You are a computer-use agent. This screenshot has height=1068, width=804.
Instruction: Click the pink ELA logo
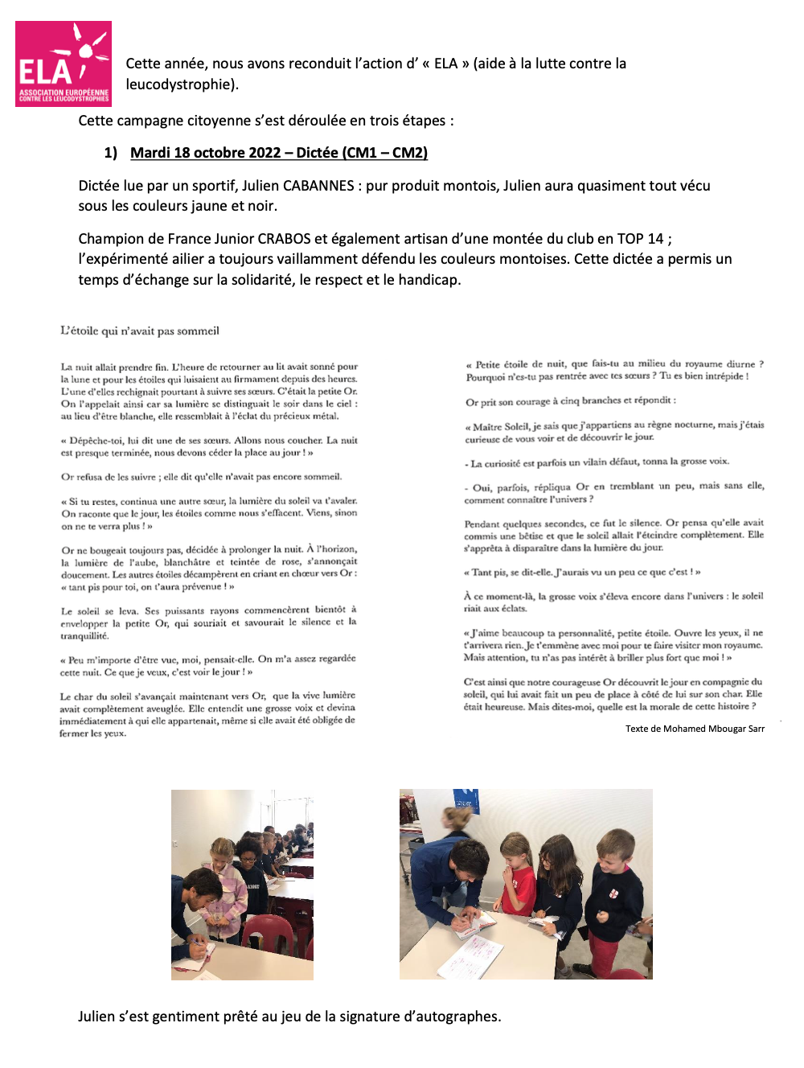[64, 64]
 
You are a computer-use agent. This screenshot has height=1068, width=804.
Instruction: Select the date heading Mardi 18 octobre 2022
[206, 153]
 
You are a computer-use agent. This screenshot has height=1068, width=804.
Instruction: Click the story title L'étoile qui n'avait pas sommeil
[140, 331]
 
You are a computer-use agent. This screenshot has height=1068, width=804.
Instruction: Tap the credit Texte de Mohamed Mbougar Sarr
[695, 729]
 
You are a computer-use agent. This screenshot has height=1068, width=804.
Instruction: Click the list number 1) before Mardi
[111, 153]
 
